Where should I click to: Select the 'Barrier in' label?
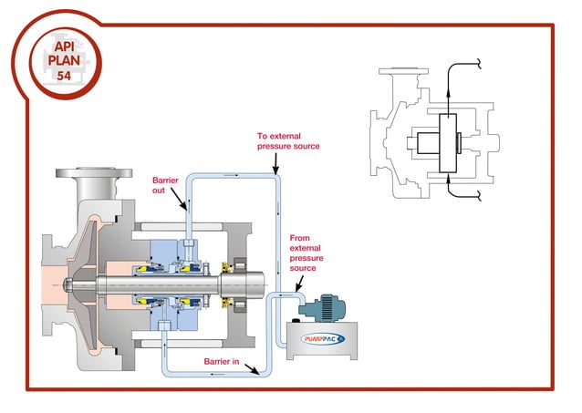tap(223, 362)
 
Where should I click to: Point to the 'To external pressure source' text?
tap(288, 140)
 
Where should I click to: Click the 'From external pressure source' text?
tap(306, 253)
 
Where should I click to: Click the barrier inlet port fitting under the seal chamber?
tap(165, 325)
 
